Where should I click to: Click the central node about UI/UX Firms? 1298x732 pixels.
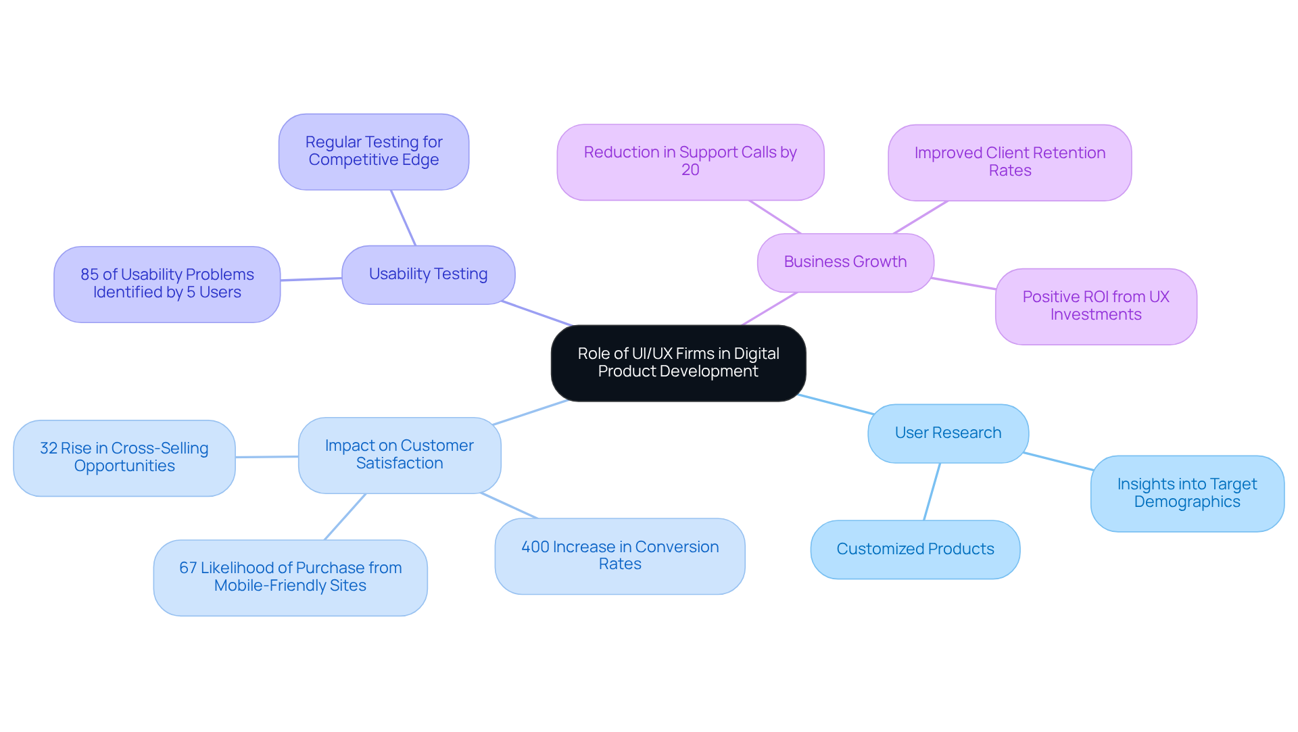[678, 363]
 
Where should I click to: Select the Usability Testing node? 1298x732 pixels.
[428, 274]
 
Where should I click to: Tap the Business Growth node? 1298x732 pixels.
[845, 262]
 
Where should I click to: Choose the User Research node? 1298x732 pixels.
[948, 433]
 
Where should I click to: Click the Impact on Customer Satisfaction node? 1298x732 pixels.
[399, 455]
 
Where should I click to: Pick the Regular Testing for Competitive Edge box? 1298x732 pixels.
[373, 151]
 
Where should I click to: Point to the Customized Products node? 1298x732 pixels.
[915, 549]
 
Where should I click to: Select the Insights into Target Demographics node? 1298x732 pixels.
[1186, 493]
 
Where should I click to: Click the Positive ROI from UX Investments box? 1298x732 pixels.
[1095, 306]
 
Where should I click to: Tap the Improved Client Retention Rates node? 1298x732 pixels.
[1009, 162]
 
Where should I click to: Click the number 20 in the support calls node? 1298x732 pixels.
[690, 170]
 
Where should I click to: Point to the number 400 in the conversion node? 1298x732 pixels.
[535, 547]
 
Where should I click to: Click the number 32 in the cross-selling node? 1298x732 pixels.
[48, 448]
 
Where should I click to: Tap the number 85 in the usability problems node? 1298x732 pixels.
[89, 274]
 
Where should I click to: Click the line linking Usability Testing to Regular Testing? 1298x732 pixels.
[403, 218]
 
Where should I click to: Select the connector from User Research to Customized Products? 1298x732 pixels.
[932, 492]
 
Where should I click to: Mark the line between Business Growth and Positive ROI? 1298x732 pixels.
[963, 283]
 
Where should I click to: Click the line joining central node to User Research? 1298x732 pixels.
[836, 404]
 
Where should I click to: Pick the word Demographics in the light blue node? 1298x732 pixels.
[1186, 502]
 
